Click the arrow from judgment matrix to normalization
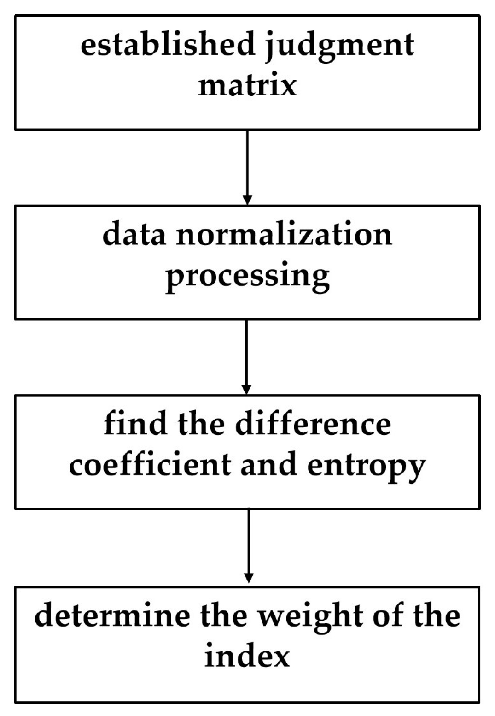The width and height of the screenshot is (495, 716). click(247, 166)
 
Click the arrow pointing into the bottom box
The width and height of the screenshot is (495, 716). click(248, 546)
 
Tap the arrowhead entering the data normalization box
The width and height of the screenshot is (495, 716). click(247, 200)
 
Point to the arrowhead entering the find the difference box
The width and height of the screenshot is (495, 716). click(246, 390)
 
